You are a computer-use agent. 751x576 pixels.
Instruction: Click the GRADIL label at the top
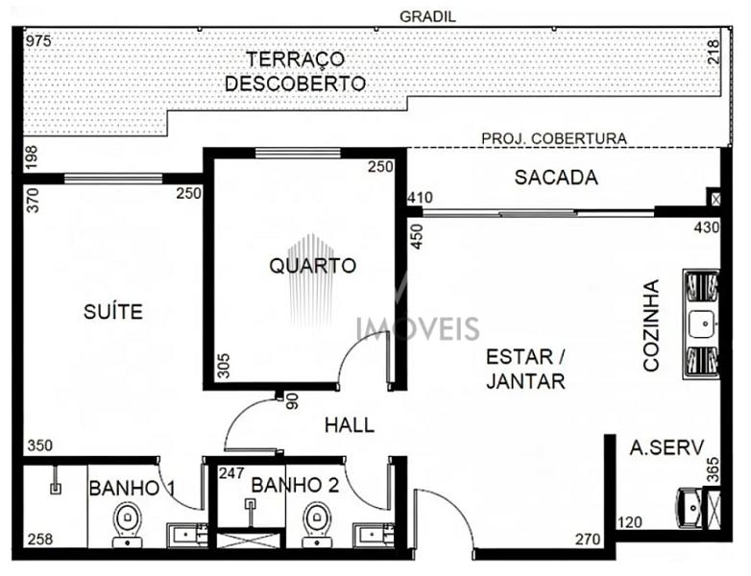427,16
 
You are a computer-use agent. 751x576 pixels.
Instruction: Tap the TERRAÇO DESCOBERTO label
295,71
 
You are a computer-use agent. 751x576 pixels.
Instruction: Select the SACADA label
556,178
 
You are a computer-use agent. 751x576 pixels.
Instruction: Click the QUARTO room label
312,265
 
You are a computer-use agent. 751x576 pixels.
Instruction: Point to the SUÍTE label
113,312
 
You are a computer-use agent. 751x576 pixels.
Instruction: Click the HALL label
350,425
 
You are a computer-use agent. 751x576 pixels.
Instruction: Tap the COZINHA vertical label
651,325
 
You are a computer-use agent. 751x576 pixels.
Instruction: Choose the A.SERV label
666,447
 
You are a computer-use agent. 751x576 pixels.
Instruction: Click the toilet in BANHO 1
128,524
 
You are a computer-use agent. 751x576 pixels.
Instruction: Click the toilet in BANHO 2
316,524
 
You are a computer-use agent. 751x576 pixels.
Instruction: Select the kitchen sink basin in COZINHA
702,324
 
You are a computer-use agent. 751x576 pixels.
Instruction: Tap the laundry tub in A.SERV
689,508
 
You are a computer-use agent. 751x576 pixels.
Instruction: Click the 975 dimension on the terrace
38,40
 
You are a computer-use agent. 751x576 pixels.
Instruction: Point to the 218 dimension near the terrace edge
714,52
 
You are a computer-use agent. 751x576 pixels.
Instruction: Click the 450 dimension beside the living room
417,236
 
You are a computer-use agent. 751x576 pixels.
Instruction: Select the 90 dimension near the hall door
293,401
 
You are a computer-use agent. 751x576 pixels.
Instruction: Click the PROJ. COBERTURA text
554,138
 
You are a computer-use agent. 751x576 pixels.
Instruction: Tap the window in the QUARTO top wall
298,153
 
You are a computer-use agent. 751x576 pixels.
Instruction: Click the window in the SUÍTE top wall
113,179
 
